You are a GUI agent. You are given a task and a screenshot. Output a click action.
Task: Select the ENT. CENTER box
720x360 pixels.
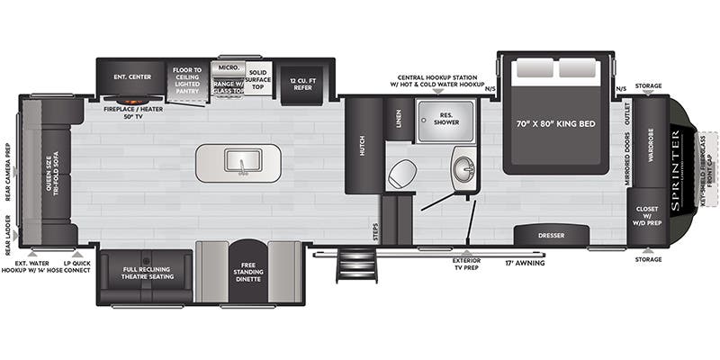(x=131, y=76)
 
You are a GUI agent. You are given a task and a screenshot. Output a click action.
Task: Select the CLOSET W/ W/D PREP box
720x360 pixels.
(x=649, y=216)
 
